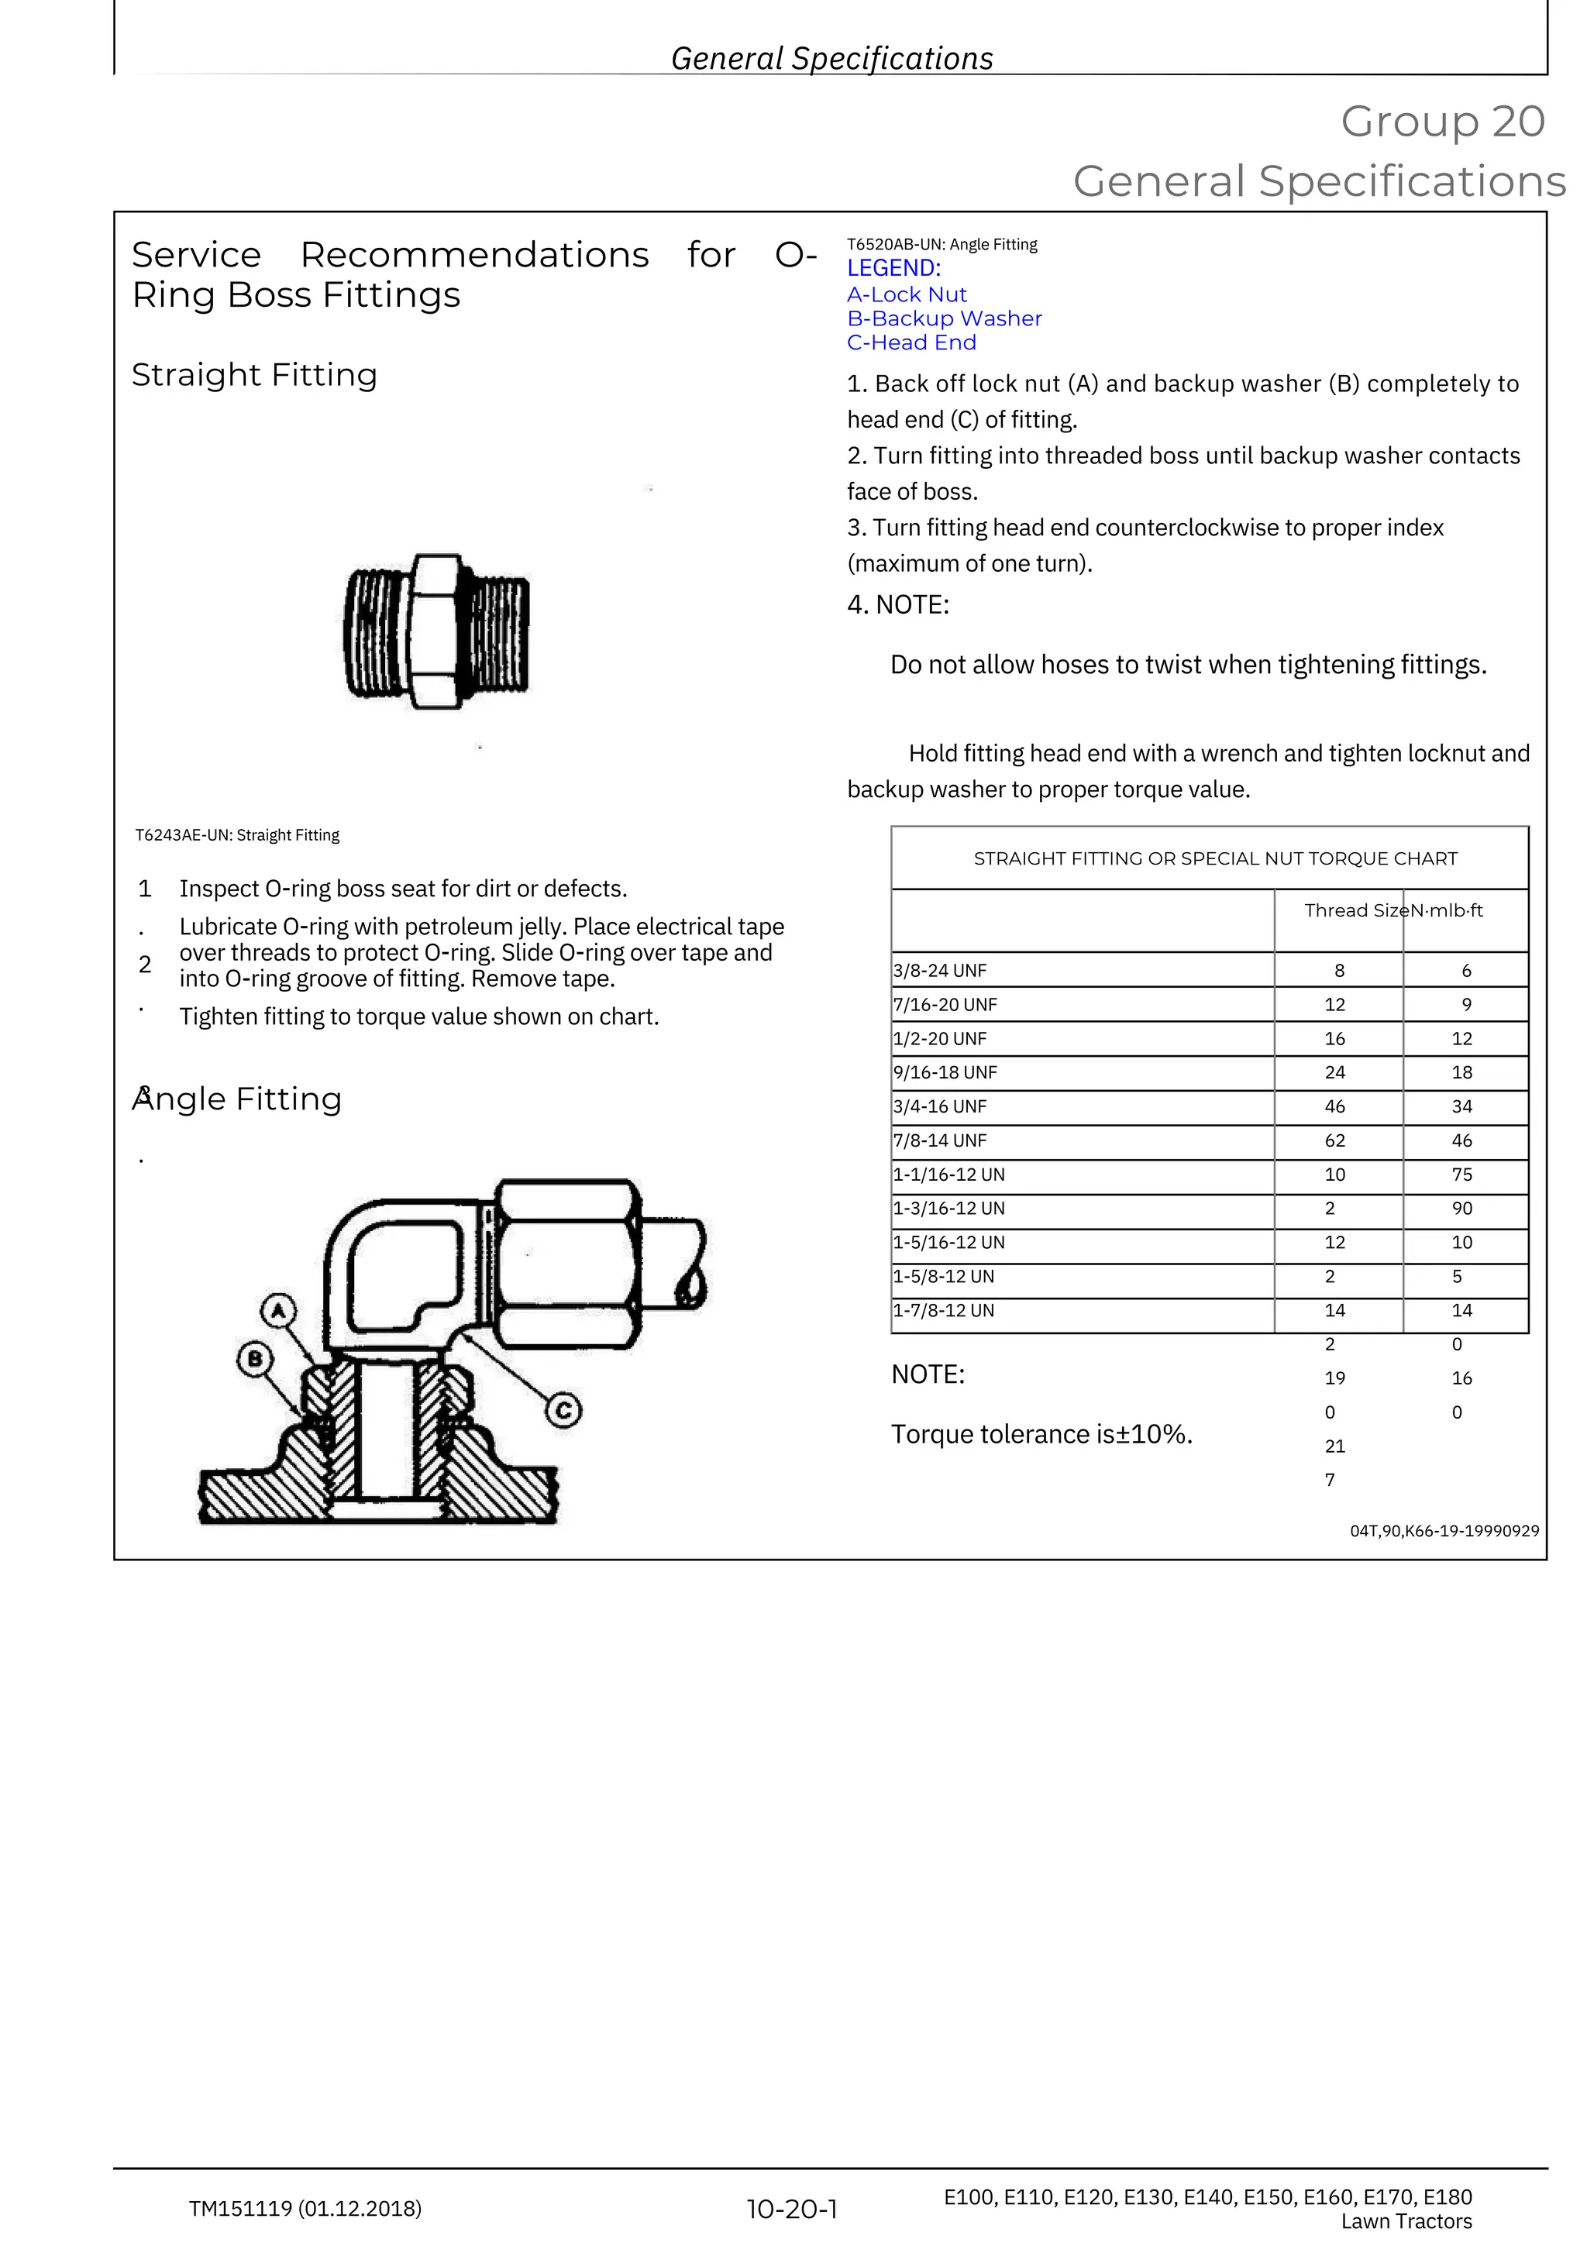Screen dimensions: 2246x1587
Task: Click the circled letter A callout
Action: [279, 1311]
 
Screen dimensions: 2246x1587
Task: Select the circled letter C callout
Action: [563, 1411]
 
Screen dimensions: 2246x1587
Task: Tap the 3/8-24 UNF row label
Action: [939, 971]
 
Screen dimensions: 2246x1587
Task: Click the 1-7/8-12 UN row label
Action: [943, 1310]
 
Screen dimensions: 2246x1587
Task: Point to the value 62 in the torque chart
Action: [1334, 1140]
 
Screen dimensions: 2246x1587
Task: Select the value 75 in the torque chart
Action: [1461, 1174]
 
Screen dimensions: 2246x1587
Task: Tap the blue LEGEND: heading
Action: [893, 268]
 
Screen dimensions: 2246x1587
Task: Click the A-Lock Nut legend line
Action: [906, 294]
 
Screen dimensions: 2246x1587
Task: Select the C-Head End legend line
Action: [911, 342]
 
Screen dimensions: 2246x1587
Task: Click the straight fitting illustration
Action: [436, 631]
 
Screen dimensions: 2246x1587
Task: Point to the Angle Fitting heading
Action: [237, 1099]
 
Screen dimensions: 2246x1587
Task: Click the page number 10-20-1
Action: [791, 2209]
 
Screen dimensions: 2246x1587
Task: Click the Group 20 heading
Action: [1442, 122]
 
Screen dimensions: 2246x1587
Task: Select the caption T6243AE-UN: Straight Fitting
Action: [237, 835]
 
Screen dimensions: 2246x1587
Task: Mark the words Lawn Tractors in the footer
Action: [1406, 2221]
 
